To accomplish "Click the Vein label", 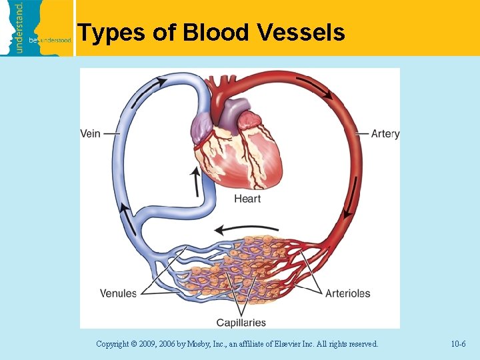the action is pyautogui.click(x=91, y=133).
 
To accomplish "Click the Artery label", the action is pyautogui.click(x=385, y=133).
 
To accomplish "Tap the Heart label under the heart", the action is pyautogui.click(x=247, y=199).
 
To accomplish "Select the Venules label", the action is pyautogui.click(x=118, y=293).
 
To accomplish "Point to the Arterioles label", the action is pyautogui.click(x=347, y=293).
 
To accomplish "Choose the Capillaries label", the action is pyautogui.click(x=241, y=323).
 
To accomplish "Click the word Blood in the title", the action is pyautogui.click(x=211, y=32).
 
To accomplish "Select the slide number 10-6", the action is pyautogui.click(x=458, y=344).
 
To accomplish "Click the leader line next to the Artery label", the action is pyautogui.click(x=361, y=133).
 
